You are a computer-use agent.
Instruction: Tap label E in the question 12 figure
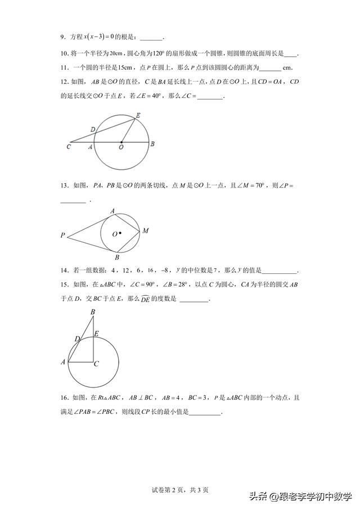138,115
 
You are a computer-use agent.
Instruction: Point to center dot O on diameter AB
121,142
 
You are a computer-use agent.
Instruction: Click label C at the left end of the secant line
68,147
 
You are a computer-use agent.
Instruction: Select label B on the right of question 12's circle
152,144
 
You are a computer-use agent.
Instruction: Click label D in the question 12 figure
93,129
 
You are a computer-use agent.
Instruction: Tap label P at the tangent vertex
63,236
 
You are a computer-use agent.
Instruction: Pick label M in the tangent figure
145,231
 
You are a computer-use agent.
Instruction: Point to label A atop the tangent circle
112,211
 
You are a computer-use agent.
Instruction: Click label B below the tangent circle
116,258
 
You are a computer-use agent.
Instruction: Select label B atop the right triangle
93,312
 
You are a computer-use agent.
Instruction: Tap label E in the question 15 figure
96,334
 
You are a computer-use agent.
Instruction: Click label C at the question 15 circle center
96,364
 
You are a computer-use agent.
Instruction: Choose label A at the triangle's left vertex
63,362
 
